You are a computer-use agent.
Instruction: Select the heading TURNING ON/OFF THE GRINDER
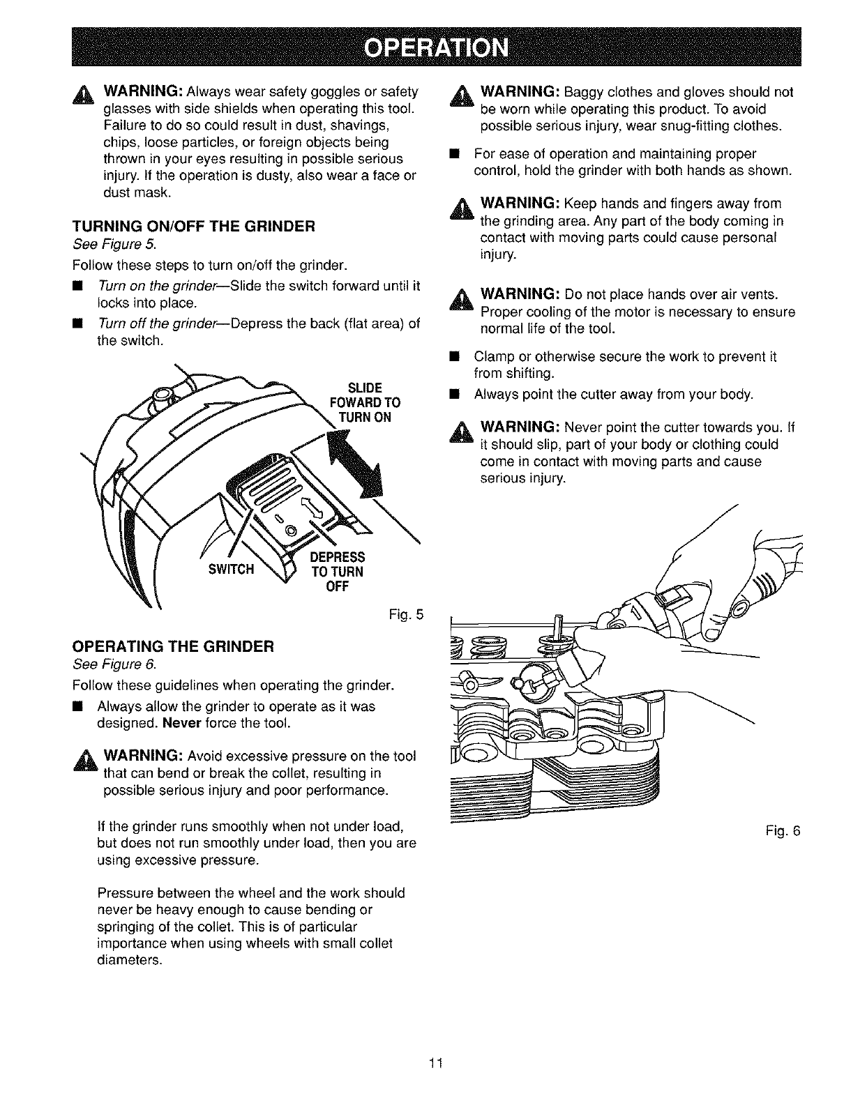[x=194, y=226]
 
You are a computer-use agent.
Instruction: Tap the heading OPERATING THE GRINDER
[x=176, y=646]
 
